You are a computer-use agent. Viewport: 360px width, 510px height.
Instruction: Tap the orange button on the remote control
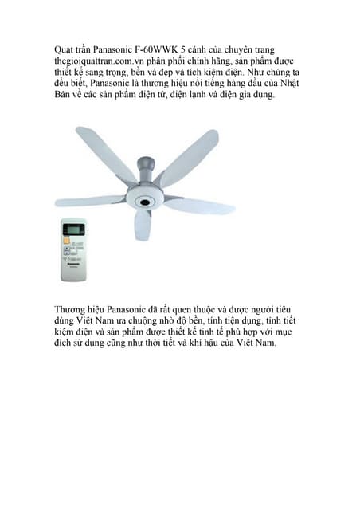point(66,242)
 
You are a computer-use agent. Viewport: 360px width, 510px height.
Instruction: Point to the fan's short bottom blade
point(143,225)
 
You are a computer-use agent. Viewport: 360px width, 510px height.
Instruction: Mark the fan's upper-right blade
point(190,155)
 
